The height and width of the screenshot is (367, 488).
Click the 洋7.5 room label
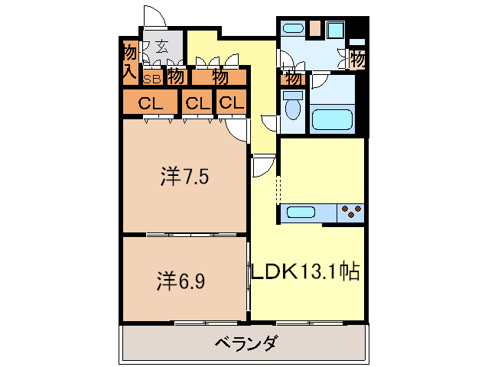184,177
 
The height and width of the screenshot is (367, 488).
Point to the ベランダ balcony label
245,343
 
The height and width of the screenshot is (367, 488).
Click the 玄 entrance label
161,46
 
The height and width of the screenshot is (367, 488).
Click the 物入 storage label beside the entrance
129,62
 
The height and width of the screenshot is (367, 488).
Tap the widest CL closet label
149,102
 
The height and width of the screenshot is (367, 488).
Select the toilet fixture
291,107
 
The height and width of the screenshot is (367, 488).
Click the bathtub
332,119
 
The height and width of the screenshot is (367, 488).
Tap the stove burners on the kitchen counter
352,211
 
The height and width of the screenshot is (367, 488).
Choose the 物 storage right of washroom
356,58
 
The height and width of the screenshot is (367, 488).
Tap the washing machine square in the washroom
336,31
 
